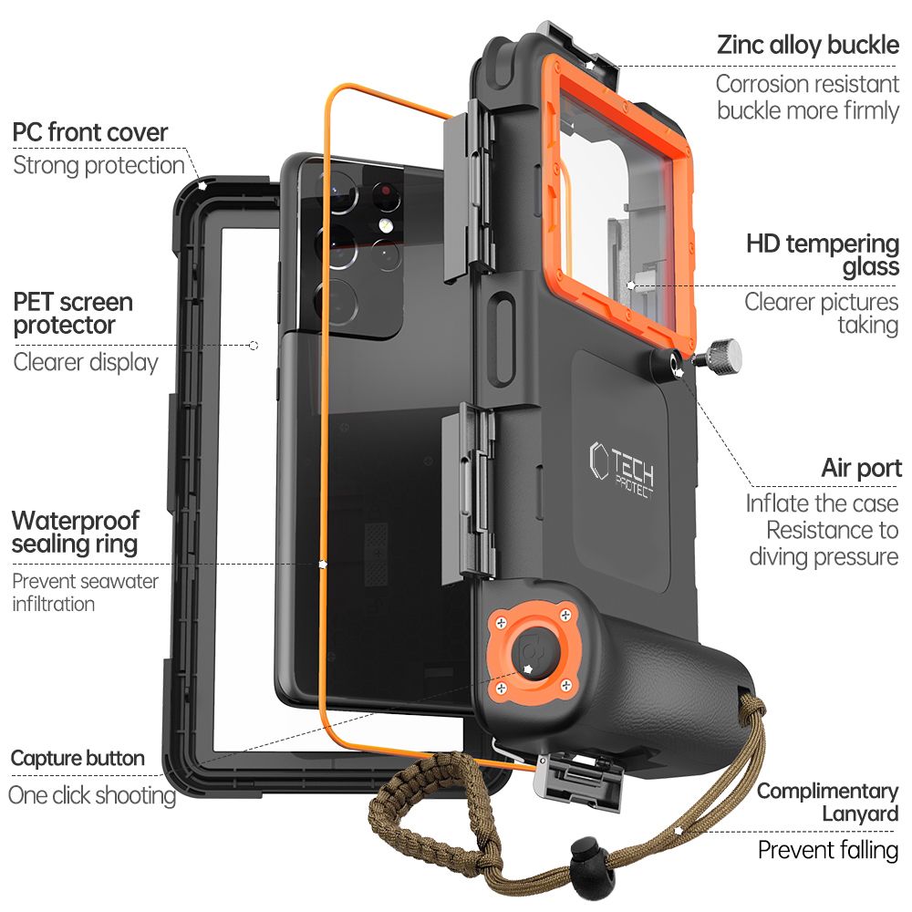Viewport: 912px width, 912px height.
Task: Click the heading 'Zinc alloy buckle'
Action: pyautogui.click(x=808, y=45)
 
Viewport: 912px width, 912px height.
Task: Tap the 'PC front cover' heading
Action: pyautogui.click(x=90, y=132)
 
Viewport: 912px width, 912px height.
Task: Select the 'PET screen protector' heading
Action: pyautogui.click(x=73, y=313)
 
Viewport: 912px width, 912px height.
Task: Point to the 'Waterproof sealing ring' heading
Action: pyautogui.click(x=75, y=533)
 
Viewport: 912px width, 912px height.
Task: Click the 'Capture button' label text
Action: pyautogui.click(x=78, y=758)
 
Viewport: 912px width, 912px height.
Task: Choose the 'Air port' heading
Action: pyautogui.click(x=861, y=469)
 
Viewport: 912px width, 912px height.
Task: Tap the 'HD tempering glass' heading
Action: pyautogui.click(x=822, y=255)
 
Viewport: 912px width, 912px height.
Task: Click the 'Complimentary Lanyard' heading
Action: pyautogui.click(x=827, y=802)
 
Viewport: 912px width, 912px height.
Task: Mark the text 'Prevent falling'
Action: pyautogui.click(x=828, y=850)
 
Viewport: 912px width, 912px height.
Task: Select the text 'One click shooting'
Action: pyautogui.click(x=91, y=794)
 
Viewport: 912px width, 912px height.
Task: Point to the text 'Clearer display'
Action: pyautogui.click(x=86, y=362)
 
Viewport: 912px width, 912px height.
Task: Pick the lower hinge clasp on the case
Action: pyautogui.click(x=469, y=492)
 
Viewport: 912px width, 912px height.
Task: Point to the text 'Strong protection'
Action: pyautogui.click(x=98, y=165)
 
